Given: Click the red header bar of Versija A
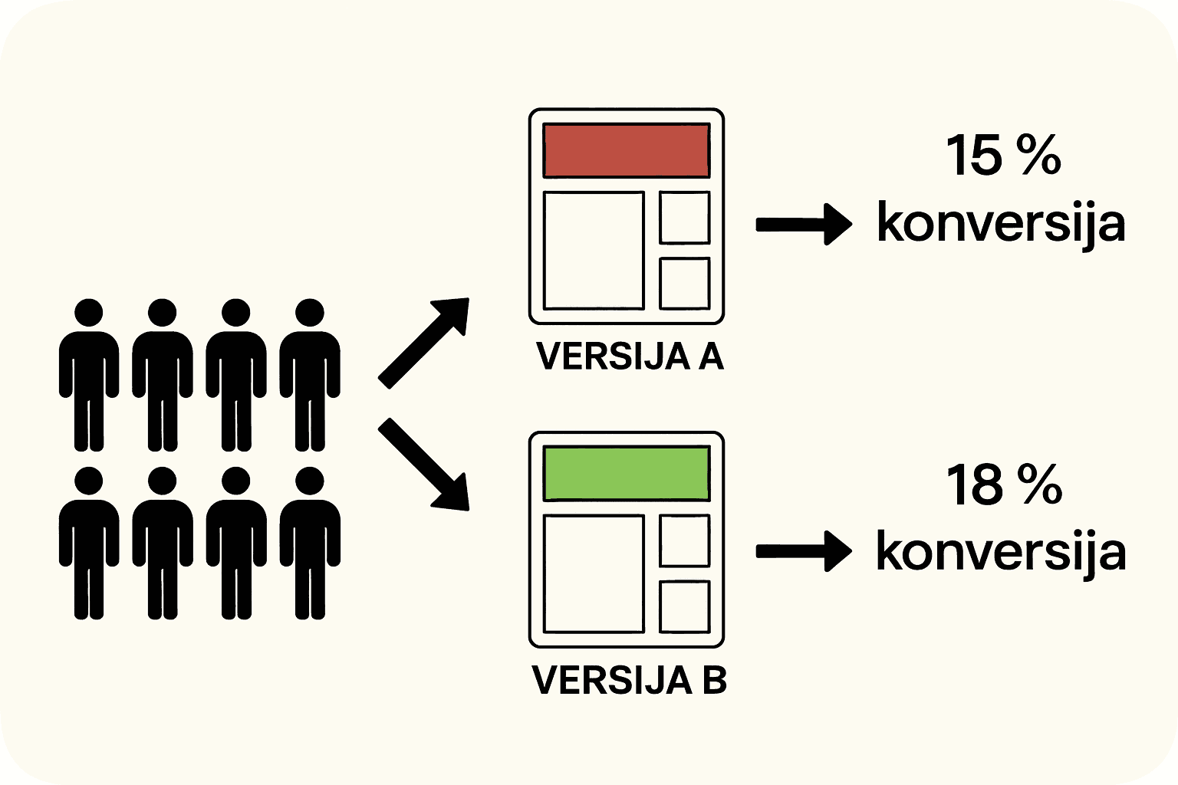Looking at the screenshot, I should pos(626,150).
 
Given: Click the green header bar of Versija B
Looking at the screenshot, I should pos(626,473).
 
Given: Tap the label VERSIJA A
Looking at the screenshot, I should pos(630,356).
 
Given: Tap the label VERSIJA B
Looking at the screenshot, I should pos(630,680).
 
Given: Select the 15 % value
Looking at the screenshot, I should pos(1002,156).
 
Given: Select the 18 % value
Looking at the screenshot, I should pos(1003,485).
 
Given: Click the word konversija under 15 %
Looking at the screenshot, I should pos(1001,224).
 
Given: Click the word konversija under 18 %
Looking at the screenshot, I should pos(1001,552).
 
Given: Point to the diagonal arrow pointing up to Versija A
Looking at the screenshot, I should pos(424,341).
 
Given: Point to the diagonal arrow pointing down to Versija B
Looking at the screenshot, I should pos(424,465).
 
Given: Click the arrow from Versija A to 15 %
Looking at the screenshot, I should pos(804,224).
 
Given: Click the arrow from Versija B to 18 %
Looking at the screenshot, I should pos(804,551).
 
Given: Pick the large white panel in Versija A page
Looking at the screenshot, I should pos(594,250).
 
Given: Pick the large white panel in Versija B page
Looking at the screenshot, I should pos(594,573).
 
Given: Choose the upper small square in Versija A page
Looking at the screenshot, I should pos(684,218).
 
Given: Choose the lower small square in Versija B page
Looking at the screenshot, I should pos(684,606).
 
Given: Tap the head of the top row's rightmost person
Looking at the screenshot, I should pos(310,313).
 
